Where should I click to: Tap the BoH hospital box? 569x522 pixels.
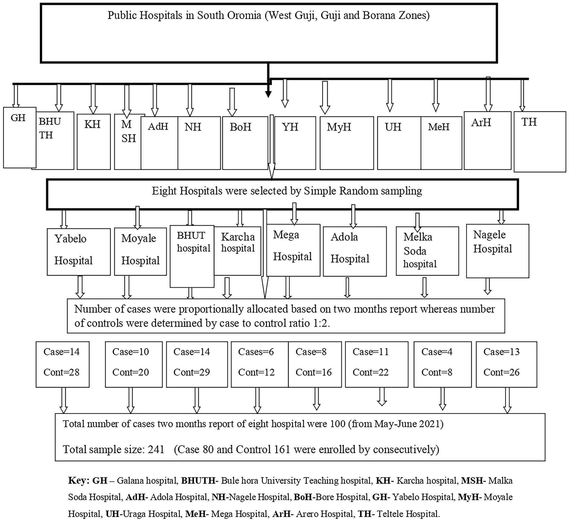[245, 143]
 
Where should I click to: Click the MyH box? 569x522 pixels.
[346, 143]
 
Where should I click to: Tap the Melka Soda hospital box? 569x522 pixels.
[427, 251]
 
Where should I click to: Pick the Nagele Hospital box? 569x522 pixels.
[497, 251]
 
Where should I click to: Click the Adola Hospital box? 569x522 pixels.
[355, 251]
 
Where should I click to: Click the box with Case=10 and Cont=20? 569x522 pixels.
[133, 364]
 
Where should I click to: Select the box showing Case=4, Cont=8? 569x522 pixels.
[442, 364]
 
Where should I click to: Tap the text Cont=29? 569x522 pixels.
[191, 372]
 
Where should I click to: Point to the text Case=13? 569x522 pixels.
[501, 352]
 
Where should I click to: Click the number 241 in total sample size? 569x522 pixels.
[156, 449]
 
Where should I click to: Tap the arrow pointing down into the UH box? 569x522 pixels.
[390, 96]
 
